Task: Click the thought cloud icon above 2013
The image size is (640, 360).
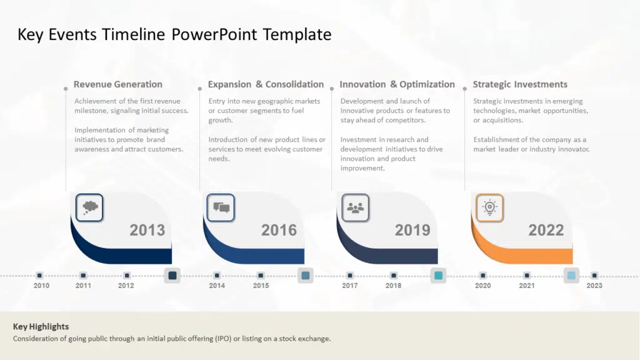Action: [90, 207]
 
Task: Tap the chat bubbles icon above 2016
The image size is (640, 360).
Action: [221, 207]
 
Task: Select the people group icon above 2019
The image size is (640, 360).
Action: [355, 208]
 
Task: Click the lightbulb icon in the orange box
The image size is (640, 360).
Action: [489, 207]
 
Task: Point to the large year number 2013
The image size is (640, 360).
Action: [147, 230]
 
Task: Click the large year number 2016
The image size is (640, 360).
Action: [279, 230]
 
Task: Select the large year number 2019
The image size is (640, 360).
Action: [412, 230]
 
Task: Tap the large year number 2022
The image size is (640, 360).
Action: [546, 230]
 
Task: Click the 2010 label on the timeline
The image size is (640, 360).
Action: [41, 286]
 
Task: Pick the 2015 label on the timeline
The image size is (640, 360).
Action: [261, 286]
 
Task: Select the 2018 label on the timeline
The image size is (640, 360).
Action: [394, 286]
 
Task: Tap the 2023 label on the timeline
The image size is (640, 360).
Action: [594, 286]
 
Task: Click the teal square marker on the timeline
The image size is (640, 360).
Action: [438, 276]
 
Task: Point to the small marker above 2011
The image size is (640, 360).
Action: [83, 276]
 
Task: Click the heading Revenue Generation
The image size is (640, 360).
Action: [118, 84]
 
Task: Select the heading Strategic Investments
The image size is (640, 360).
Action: [520, 84]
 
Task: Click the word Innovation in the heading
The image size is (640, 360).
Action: [362, 84]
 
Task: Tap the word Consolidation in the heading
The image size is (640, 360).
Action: [295, 84]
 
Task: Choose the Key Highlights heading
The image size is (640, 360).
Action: [41, 326]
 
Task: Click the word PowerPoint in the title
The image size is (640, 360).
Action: [214, 34]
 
